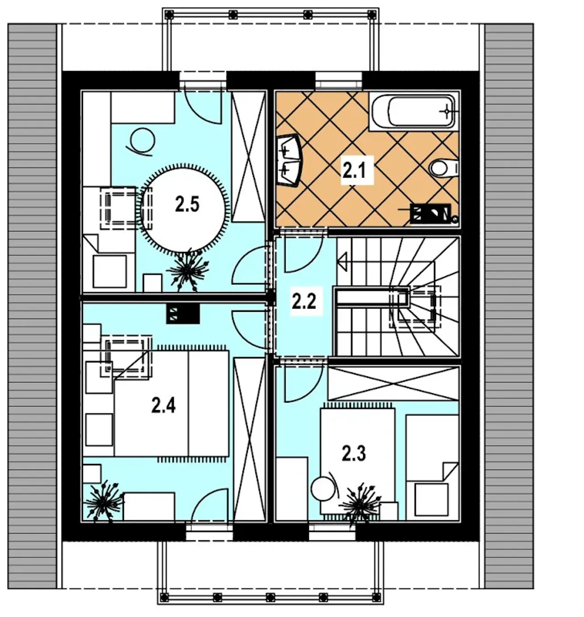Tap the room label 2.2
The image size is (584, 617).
303,302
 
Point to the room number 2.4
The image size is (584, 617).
163,406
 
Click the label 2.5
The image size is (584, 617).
187,205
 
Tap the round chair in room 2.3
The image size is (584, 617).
324,489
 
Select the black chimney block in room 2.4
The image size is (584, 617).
182,313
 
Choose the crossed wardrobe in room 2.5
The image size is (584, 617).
248,157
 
